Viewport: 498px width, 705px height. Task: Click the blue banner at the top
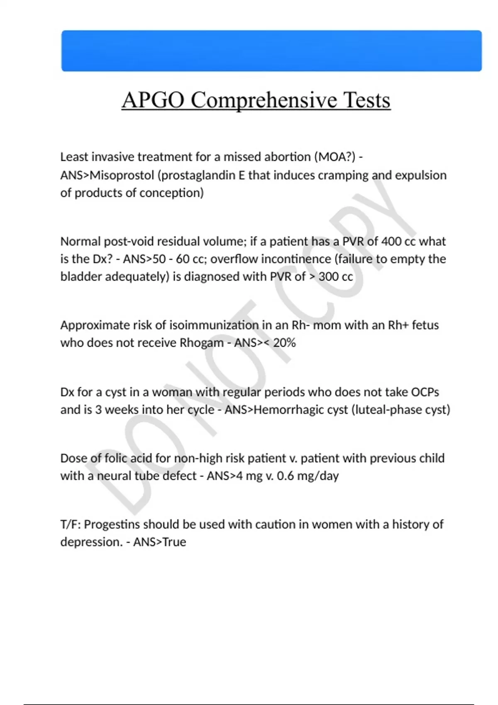coord(271,51)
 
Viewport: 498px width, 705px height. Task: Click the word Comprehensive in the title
coord(264,100)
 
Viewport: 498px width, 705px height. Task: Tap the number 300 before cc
coord(328,277)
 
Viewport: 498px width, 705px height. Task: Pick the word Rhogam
coord(201,343)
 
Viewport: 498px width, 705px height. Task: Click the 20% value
coord(284,343)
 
